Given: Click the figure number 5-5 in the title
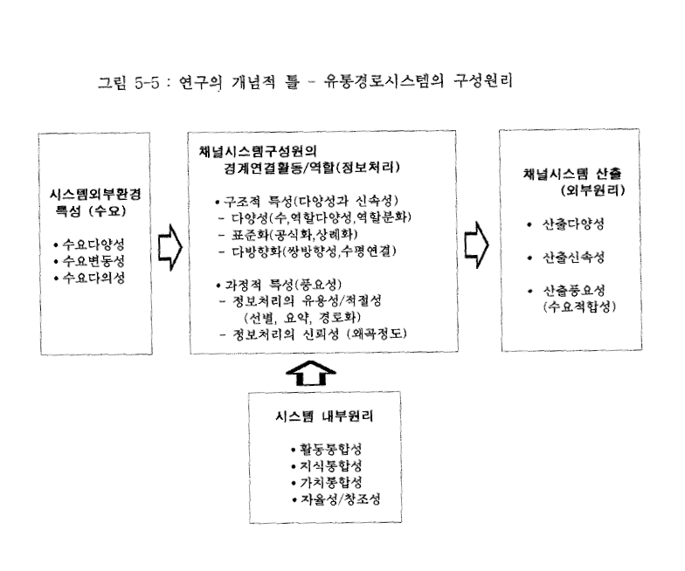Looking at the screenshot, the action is pos(147,83).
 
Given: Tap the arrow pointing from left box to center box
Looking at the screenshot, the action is pos(170,248).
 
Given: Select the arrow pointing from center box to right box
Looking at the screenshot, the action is pos(476,244).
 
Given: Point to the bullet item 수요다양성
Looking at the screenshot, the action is pos(89,244).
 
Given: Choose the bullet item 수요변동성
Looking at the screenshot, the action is pos(89,261).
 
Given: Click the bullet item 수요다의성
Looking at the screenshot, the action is pos(89,278).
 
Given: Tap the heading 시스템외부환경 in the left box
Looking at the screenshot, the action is pos(95,194).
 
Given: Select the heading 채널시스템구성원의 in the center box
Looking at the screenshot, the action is pos(258,152).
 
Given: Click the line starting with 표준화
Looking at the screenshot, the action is pos(288,234).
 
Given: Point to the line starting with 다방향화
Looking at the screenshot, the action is pos(308,251).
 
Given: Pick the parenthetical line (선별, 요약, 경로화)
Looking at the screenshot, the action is pos(302,317).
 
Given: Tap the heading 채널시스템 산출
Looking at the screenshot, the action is pos(571,174).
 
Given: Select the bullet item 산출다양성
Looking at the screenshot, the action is pos(566,224).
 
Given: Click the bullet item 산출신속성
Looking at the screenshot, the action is pos(566,258).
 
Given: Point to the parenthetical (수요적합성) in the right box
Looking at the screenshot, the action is pos(580,307).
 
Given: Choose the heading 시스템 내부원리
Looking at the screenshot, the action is pos(324,416).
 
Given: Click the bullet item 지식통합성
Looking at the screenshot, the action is pos(327,466).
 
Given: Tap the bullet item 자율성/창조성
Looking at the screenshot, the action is pos(336,499).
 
